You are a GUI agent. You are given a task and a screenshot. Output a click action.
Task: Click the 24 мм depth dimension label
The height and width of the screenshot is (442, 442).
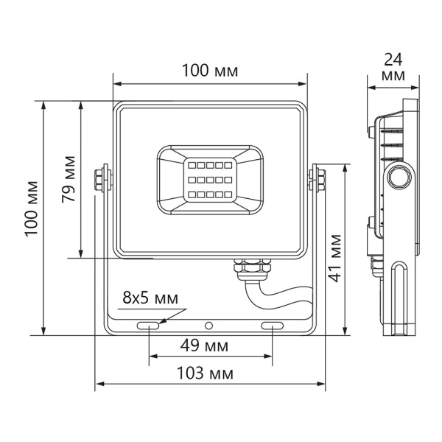[393, 67]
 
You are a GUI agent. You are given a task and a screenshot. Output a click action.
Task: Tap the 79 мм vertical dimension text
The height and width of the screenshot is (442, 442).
[69, 179]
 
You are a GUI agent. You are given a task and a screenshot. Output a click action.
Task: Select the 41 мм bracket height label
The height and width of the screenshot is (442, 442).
[335, 258]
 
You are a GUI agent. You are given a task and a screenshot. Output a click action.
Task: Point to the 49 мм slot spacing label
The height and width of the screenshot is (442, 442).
[204, 345]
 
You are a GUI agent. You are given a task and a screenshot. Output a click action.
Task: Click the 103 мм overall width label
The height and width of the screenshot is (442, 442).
[205, 373]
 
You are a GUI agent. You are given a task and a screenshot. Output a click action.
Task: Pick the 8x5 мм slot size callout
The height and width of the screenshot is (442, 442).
[150, 298]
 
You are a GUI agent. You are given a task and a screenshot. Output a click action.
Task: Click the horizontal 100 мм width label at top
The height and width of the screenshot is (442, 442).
[210, 71]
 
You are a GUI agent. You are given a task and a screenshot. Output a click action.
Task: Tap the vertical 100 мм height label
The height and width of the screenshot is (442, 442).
[31, 208]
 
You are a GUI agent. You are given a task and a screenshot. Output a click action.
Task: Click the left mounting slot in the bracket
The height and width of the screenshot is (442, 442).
[148, 326]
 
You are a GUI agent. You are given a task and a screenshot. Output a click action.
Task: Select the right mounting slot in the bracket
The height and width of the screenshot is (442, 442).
[273, 326]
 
